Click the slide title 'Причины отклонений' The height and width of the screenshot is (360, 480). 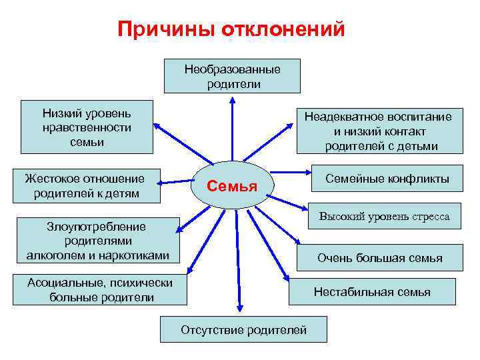point(231,30)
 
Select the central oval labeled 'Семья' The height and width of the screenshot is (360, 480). point(231,185)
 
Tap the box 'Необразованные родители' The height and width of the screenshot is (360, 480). point(232,76)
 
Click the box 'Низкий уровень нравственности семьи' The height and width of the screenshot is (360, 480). point(87,127)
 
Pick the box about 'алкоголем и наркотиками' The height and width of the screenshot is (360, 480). point(97,241)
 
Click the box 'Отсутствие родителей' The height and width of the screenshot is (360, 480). point(243,329)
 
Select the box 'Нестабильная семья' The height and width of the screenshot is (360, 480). point(372,291)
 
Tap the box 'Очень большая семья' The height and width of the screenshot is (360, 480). point(379,258)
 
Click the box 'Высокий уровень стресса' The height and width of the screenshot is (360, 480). point(385,217)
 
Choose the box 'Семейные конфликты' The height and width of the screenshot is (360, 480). point(387,179)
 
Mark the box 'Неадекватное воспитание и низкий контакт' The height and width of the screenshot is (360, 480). point(378,131)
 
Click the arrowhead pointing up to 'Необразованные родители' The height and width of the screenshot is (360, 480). point(232,99)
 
